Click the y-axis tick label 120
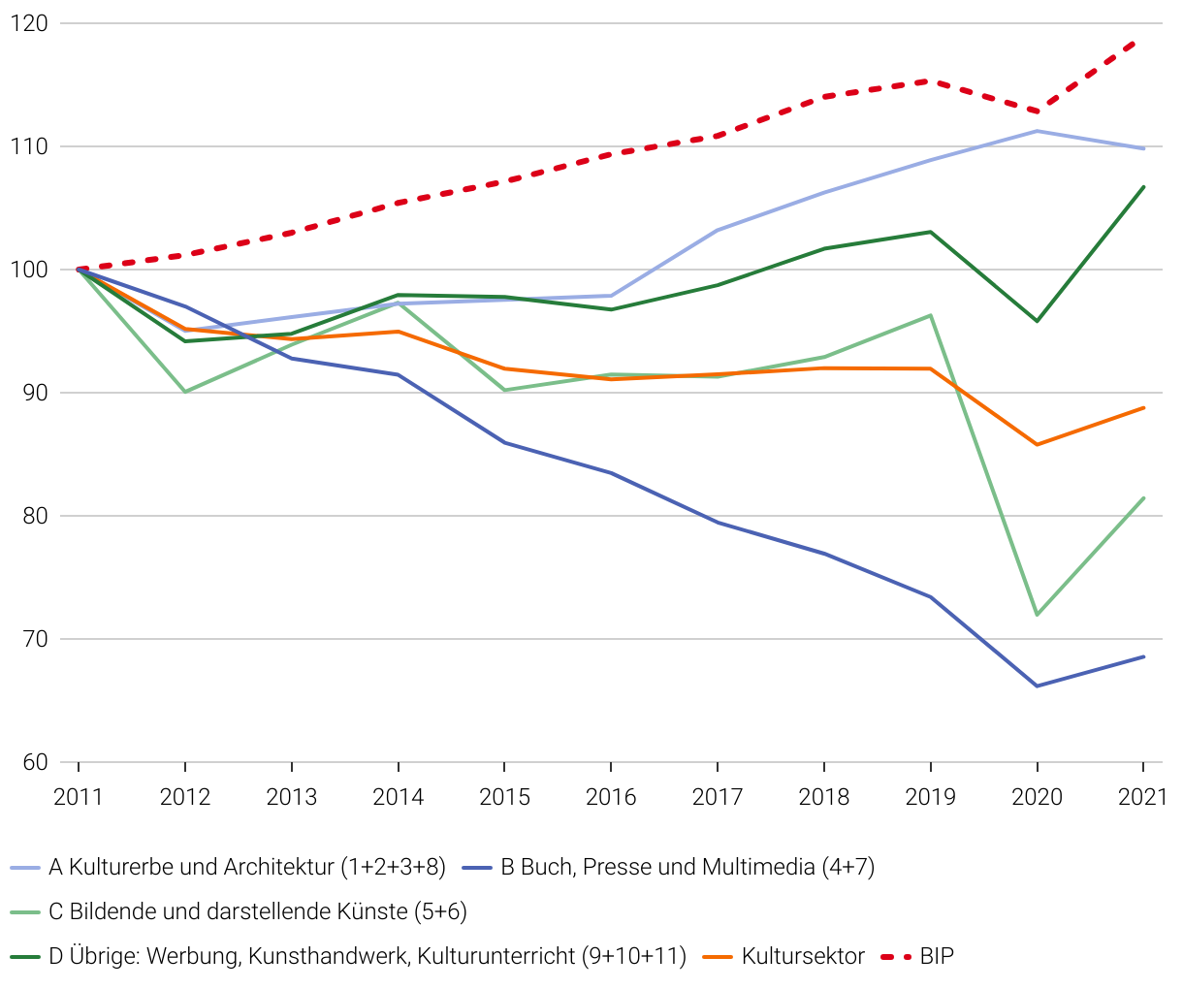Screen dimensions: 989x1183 coord(28,23)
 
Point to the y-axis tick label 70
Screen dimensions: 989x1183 coord(33,639)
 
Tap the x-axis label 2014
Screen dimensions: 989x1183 coord(398,797)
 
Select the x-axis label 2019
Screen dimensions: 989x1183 coord(930,797)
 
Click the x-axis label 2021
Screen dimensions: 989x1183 coord(1142,797)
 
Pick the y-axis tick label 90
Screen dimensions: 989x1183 coord(33,393)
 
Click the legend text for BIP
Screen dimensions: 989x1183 coord(937,956)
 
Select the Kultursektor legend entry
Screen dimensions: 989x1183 coord(803,956)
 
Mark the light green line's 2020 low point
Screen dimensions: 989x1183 coord(1037,615)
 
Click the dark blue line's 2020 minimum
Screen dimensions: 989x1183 coord(1037,686)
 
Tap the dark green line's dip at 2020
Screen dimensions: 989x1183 coord(1037,321)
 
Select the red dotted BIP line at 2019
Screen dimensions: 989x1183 coord(930,81)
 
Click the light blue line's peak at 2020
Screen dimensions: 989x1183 coord(1037,131)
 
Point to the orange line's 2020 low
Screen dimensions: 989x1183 coord(1037,444)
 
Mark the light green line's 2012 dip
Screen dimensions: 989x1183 coord(185,392)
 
